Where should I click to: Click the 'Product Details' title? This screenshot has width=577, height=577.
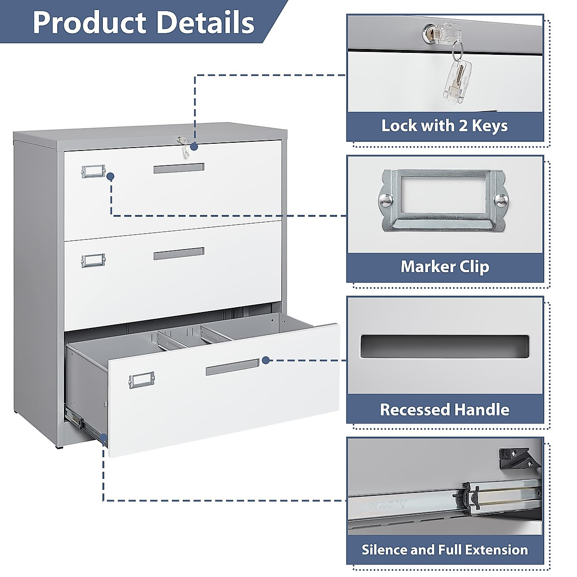pos(143,22)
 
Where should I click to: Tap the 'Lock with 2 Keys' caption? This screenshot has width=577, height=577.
pos(444,126)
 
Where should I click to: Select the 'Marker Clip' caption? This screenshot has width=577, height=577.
pos(445,266)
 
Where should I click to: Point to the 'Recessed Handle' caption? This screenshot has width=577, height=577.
pos(445,410)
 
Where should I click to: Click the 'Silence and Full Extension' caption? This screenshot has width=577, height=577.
pos(445,550)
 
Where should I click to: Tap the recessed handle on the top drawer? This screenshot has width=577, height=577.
pos(179,168)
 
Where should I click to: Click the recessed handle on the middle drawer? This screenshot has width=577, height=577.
pos(179,253)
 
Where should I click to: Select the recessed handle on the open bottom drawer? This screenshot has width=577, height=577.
pos(232,368)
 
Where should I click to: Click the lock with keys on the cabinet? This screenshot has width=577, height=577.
pos(182,144)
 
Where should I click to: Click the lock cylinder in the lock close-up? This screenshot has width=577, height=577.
pos(429,32)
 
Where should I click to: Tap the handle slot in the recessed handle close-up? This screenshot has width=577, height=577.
pos(444,346)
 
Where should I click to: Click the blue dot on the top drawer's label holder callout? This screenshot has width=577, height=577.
pos(111,176)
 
